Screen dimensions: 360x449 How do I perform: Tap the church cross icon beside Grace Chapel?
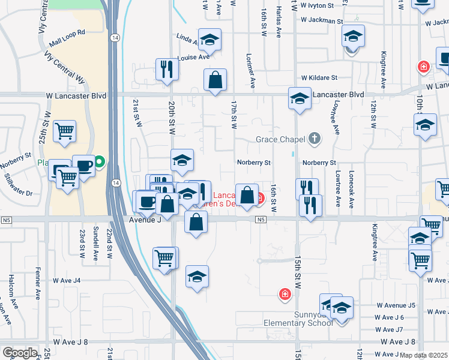tap(313, 139)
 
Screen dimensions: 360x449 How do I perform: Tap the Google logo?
tap(20, 353)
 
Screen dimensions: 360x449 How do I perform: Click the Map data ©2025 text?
tap(424, 355)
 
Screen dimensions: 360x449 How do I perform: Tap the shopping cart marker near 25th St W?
tap(64, 131)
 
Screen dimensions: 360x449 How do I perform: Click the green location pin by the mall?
tap(100, 161)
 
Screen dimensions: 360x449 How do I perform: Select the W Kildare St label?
tap(319, 77)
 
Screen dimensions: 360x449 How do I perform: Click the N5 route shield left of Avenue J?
tap(7, 220)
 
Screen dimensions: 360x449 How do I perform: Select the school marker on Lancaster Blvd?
tap(300, 98)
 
